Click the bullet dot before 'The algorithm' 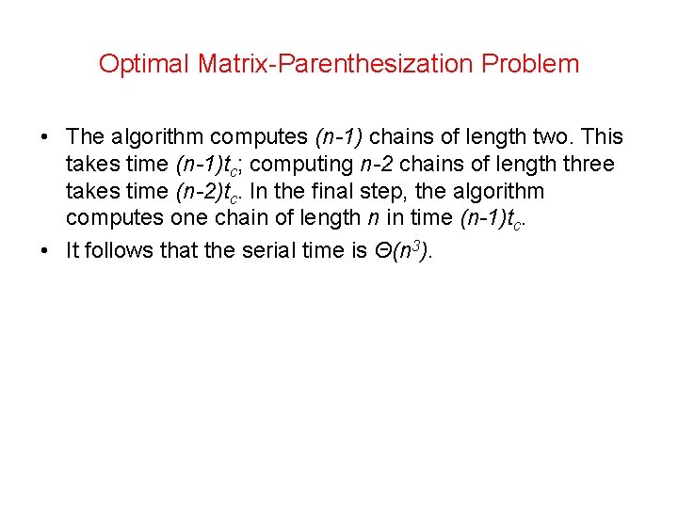pos(45,137)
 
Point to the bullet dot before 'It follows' pos(45,250)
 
